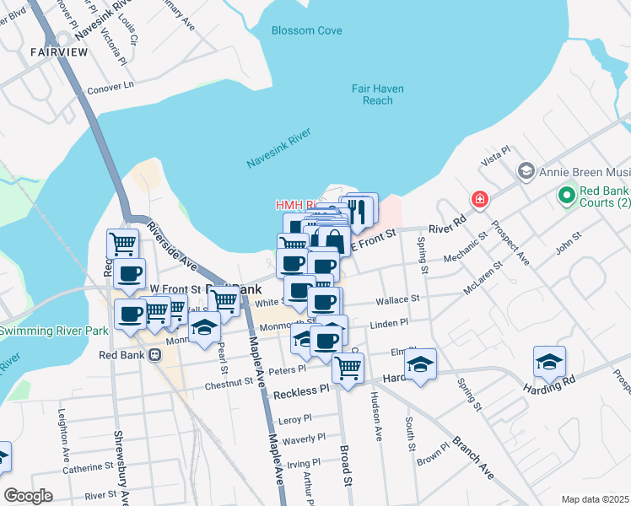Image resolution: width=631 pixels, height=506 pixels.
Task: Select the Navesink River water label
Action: click(279, 148)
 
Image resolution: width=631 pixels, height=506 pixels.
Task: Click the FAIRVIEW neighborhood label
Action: click(59, 51)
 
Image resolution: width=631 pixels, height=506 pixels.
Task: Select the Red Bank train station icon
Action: click(154, 355)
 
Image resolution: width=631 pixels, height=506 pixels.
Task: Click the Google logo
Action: click(29, 496)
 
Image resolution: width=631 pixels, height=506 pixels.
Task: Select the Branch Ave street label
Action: click(472, 458)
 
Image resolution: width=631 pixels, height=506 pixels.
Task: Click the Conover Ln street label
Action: click(111, 85)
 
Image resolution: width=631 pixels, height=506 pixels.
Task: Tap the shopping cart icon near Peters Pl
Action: click(348, 367)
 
